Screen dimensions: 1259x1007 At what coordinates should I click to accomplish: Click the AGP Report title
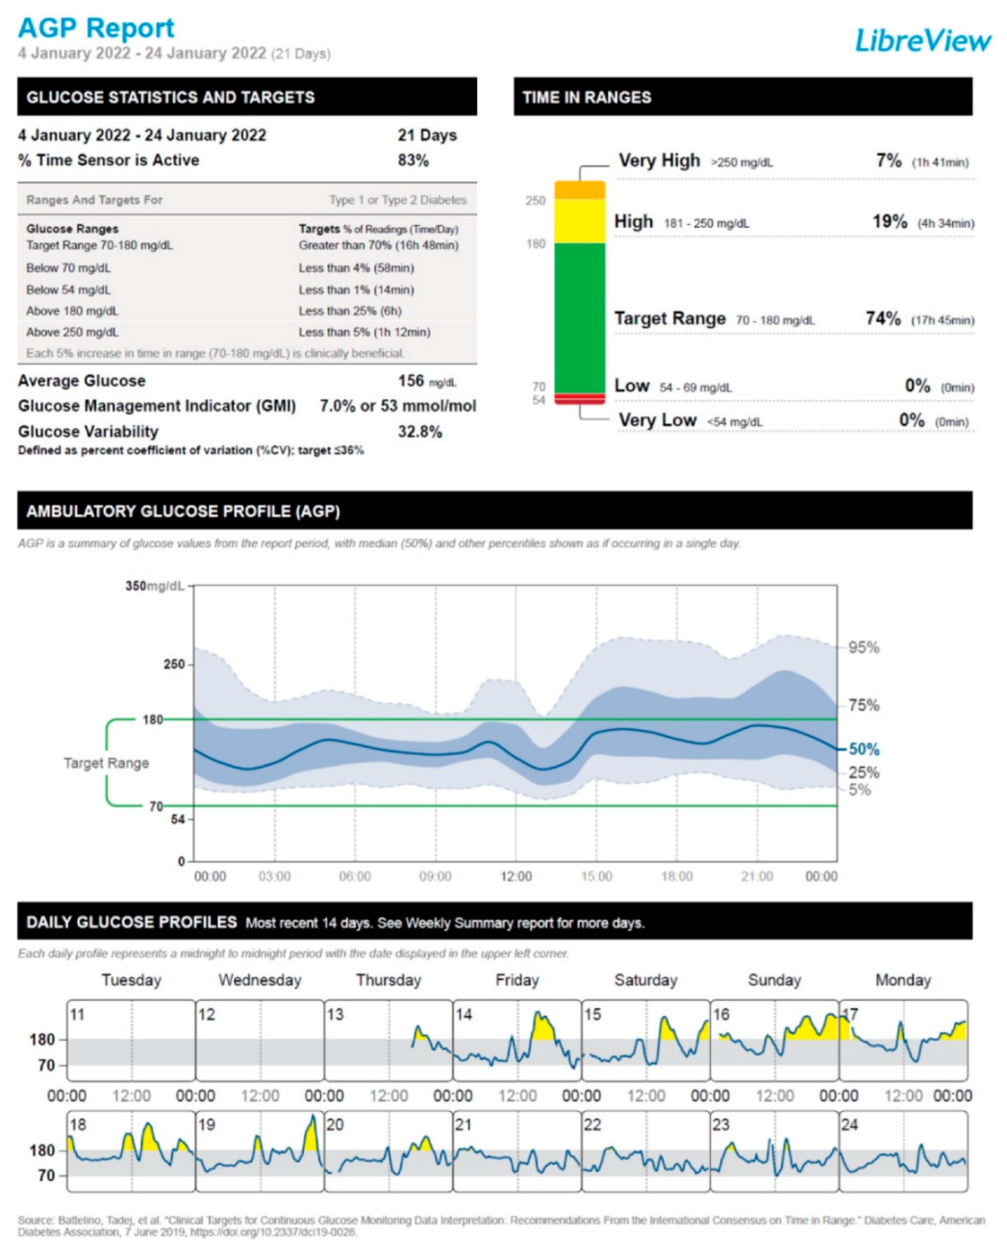click(96, 28)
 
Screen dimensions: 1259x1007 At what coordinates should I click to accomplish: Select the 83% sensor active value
click(413, 161)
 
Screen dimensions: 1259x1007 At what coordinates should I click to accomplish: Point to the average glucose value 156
click(412, 381)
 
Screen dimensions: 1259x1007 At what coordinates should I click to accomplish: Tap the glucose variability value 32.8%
click(419, 432)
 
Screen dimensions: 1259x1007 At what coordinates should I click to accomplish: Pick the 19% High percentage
click(890, 221)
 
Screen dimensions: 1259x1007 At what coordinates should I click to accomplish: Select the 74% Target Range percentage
click(883, 318)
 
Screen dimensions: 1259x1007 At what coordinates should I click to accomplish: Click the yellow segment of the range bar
click(580, 220)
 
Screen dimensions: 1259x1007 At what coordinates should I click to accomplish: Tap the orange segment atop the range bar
click(580, 190)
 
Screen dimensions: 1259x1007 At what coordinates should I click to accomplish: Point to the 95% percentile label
click(864, 647)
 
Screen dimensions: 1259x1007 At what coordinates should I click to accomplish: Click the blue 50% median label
click(864, 749)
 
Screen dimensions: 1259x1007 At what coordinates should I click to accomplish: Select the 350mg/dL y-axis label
click(154, 586)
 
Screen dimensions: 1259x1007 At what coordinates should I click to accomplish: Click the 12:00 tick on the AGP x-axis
click(516, 876)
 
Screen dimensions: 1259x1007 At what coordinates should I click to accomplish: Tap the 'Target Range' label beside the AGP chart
click(106, 763)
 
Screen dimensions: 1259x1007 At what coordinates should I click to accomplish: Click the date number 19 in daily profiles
click(207, 1124)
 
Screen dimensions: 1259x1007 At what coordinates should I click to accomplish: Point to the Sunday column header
click(774, 980)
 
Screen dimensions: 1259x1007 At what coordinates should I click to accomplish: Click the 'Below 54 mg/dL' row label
click(68, 290)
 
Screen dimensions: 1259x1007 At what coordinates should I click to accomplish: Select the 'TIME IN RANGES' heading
click(587, 97)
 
